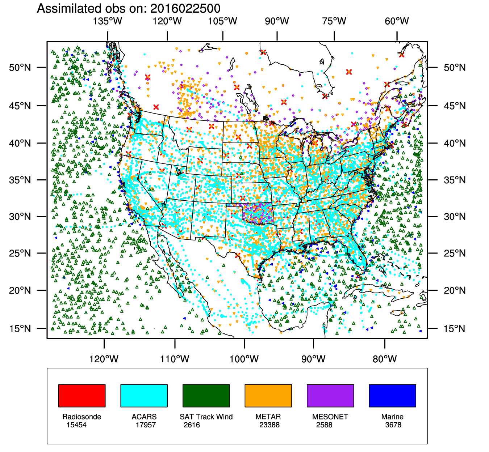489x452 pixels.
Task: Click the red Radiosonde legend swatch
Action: pos(82,396)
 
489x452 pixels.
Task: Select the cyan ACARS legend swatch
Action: pos(144,396)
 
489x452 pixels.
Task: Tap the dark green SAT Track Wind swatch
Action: pos(206,396)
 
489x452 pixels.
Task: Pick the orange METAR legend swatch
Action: pos(268,396)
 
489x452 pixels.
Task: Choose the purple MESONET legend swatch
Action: pos(330,396)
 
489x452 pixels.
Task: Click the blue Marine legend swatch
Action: pos(392,396)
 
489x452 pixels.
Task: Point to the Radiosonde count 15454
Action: pos(76,425)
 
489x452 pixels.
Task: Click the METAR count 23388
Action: pos(269,425)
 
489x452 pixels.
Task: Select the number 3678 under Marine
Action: pos(393,425)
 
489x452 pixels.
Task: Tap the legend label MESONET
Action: pos(330,417)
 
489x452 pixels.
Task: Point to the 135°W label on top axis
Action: pos(108,21)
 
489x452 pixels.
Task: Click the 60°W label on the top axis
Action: pos(397,21)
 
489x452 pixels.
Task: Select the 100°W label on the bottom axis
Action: pos(244,359)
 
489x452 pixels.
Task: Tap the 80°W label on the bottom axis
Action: pos(385,359)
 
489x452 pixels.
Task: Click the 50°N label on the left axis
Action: pos(20,68)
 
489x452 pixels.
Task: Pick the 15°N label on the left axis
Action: pos(20,329)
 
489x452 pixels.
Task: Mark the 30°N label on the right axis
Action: pos(455,217)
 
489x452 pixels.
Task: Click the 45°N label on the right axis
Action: pos(455,106)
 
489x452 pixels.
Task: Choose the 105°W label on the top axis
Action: pos(222,21)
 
